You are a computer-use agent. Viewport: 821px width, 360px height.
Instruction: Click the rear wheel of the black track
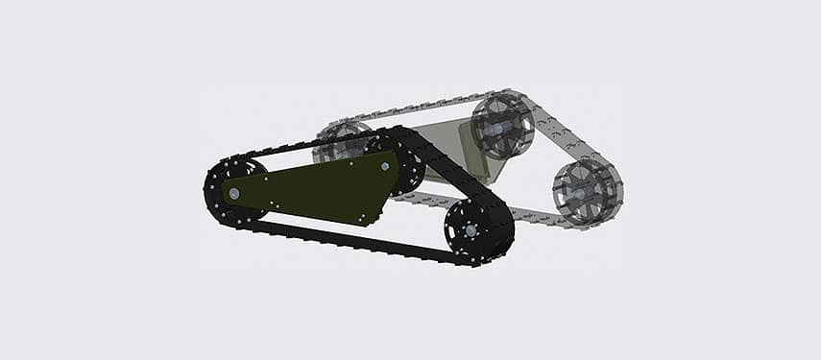pos(233,193)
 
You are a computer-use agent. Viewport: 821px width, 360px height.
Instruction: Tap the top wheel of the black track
pos(397,162)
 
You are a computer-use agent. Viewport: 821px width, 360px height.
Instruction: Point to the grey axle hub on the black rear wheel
pos(233,193)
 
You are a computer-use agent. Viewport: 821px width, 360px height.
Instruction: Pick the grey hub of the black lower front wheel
pos(471,230)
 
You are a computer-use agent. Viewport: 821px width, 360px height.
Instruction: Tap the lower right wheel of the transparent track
pos(586,192)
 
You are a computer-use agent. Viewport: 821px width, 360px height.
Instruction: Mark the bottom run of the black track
pos(346,240)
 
